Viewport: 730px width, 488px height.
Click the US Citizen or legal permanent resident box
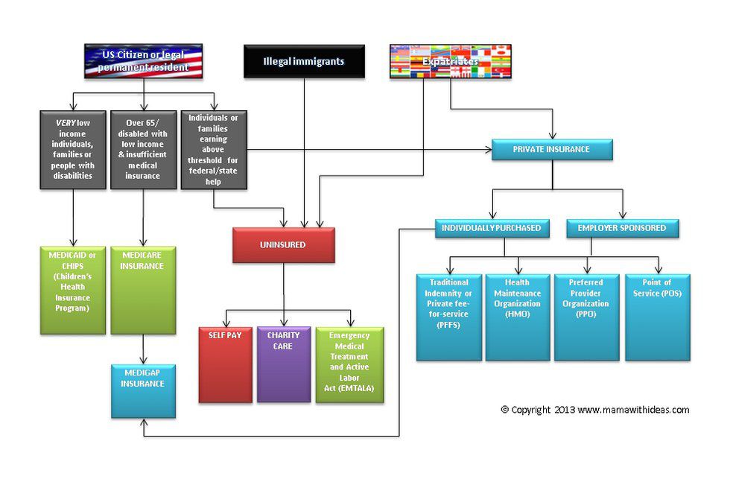point(144,61)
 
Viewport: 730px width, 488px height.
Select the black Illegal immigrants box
point(304,61)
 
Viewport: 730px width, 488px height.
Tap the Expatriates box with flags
point(449,61)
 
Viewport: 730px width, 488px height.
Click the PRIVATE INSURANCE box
point(551,150)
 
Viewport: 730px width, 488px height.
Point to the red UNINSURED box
point(283,245)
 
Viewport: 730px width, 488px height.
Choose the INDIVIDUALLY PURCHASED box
point(492,228)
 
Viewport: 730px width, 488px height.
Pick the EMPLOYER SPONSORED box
point(622,228)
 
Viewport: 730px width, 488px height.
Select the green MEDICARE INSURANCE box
point(142,291)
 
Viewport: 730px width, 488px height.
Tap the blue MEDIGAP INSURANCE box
point(143,390)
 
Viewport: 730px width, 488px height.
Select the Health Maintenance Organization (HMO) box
point(517,317)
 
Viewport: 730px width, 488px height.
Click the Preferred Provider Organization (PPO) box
point(585,317)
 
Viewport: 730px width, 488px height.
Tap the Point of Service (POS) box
point(657,317)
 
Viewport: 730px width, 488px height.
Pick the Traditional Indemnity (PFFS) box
point(449,317)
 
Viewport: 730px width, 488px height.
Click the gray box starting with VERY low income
point(73,150)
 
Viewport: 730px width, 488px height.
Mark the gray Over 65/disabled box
point(142,150)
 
